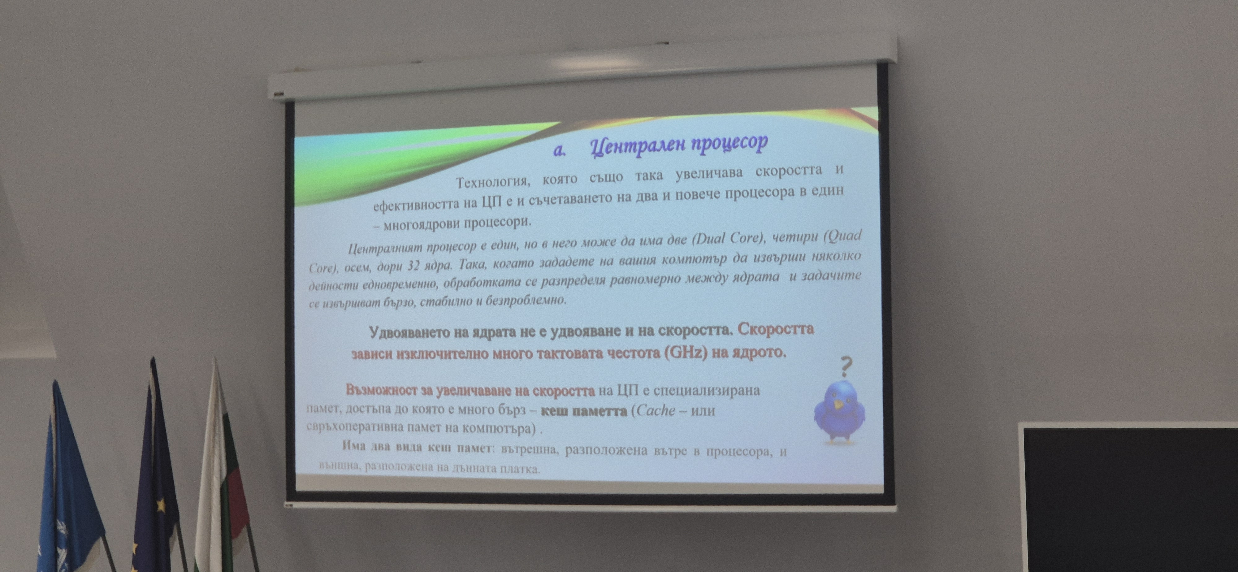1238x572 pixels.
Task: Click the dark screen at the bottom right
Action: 1129,497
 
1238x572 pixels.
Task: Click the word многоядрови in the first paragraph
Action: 421,224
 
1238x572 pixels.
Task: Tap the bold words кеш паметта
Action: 583,411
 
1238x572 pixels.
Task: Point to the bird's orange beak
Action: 838,405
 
